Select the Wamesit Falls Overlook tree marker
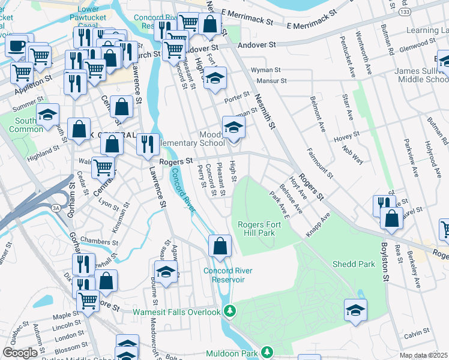pos(229,311)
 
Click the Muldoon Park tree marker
pos(266,353)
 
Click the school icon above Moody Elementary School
pos(234,127)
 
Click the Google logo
pos(20,352)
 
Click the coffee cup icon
pos(16,45)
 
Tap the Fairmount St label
pos(319,163)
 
